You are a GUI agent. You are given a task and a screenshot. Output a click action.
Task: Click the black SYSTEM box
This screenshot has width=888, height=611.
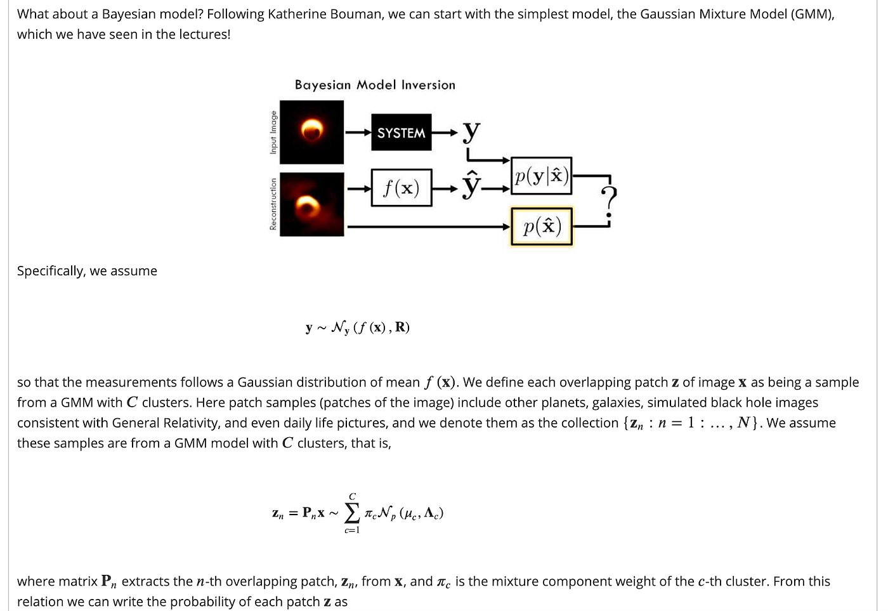pyautogui.click(x=401, y=133)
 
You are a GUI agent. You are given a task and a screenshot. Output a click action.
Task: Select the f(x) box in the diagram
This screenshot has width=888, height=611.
pyautogui.click(x=401, y=188)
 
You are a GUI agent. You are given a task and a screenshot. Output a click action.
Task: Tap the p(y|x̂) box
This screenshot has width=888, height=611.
pyautogui.click(x=541, y=176)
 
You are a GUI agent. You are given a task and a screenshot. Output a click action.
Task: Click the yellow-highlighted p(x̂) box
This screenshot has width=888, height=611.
pyautogui.click(x=542, y=227)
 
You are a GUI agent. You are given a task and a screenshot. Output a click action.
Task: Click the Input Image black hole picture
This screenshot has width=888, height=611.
pyautogui.click(x=311, y=132)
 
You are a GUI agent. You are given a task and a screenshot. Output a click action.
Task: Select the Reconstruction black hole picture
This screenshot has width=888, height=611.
pyautogui.click(x=311, y=204)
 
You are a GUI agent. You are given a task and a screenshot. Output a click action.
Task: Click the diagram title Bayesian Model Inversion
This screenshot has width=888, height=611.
pyautogui.click(x=375, y=85)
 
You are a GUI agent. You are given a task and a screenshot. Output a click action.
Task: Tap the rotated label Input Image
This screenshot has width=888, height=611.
pyautogui.click(x=273, y=132)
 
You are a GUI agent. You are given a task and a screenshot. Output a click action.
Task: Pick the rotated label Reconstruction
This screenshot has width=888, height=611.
pyautogui.click(x=273, y=204)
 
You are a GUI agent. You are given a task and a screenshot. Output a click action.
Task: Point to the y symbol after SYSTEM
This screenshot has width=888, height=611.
pyautogui.click(x=471, y=131)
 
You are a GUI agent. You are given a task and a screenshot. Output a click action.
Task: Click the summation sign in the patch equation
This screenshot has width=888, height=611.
pyautogui.click(x=352, y=512)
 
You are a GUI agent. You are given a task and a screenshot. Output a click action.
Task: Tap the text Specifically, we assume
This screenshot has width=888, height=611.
pyautogui.click(x=87, y=271)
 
